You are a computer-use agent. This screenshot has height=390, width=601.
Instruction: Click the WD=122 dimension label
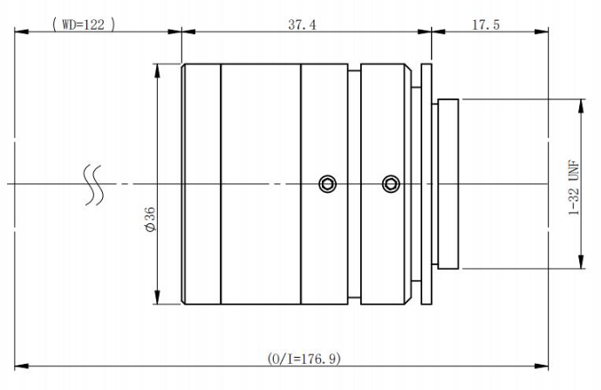tap(84, 24)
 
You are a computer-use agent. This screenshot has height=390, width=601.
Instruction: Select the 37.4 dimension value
tap(302, 25)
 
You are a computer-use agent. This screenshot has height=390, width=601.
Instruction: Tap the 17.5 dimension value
tap(486, 25)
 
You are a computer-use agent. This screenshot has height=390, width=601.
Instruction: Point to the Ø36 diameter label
tap(149, 219)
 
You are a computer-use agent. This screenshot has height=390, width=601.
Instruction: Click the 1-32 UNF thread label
tap(574, 188)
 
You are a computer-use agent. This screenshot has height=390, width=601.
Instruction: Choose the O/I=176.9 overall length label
tap(304, 359)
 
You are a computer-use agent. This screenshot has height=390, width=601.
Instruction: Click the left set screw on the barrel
tap(328, 184)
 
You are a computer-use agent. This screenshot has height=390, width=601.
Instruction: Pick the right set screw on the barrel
tap(391, 184)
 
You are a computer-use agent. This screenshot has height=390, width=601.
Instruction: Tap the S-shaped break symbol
tap(93, 185)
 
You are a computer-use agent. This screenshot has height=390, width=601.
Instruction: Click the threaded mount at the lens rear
tap(448, 184)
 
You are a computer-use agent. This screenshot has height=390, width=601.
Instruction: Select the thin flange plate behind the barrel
tap(427, 184)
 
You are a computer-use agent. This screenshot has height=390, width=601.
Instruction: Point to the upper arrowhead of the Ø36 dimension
tap(157, 71)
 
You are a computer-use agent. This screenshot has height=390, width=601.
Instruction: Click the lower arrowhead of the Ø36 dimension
tap(157, 298)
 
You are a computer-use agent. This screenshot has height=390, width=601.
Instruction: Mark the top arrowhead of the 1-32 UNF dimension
tap(581, 106)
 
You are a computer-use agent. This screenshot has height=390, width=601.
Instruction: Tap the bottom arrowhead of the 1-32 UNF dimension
tap(581, 262)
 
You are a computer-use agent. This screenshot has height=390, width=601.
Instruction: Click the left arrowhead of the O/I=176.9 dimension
tap(22, 366)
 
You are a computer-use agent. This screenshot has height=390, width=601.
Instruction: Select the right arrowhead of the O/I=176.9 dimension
tap(541, 366)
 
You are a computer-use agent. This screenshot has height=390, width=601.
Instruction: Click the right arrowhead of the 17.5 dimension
tap(541, 31)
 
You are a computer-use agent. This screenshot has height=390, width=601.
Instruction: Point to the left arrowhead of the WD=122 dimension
tap(22, 31)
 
